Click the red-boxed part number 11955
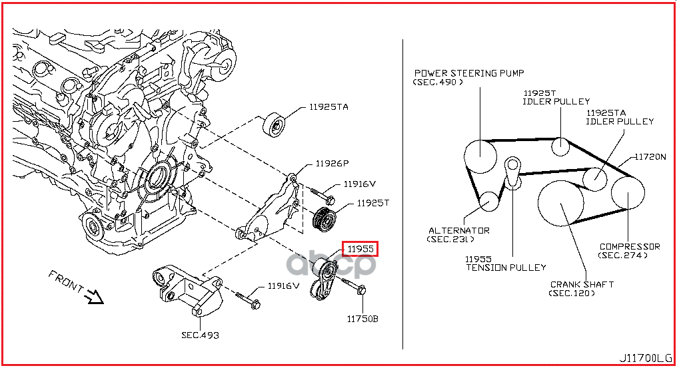click(360, 249)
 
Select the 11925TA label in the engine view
click(329, 107)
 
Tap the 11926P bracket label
click(332, 164)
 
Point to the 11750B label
click(362, 319)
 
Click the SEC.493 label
click(200, 335)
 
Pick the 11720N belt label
click(650, 157)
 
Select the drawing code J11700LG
click(645, 359)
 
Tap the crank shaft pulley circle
click(560, 203)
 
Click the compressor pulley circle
click(628, 192)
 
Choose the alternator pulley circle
click(489, 201)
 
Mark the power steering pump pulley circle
click(480, 156)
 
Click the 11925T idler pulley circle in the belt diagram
click(560, 146)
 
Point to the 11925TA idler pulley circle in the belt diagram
click(595, 178)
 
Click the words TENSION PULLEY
click(506, 268)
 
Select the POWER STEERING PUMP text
click(469, 73)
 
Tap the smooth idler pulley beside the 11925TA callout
click(274, 124)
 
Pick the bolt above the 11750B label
click(354, 286)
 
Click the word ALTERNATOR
click(459, 231)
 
